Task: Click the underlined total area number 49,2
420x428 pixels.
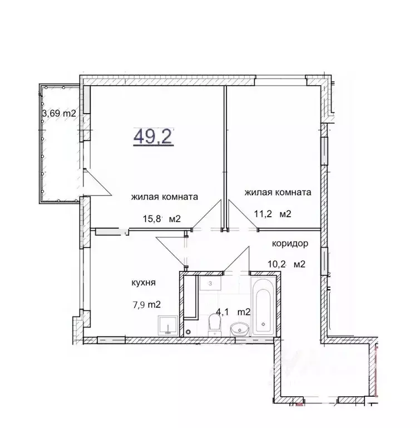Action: (x=154, y=137)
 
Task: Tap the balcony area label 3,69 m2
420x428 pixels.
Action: (x=59, y=113)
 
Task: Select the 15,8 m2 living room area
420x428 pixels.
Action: (x=162, y=218)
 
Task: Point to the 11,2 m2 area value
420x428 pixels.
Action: (x=273, y=213)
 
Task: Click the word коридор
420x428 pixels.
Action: (x=290, y=243)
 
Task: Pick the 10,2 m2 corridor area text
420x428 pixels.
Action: (x=286, y=264)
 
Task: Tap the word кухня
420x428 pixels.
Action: (x=144, y=283)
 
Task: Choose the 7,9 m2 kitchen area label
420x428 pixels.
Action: (x=147, y=304)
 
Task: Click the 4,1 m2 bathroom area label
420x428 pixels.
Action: (x=233, y=312)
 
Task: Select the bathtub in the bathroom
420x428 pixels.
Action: (x=263, y=307)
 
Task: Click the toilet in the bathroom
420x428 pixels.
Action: (x=214, y=325)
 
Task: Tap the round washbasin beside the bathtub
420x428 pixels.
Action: (x=240, y=329)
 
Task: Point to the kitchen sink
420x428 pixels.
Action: (x=168, y=325)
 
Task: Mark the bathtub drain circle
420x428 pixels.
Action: (x=263, y=324)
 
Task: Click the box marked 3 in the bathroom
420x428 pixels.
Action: (x=210, y=283)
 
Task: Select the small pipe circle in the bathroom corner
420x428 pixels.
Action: (x=188, y=332)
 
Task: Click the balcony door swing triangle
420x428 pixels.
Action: (x=97, y=182)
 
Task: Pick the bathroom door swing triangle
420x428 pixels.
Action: (x=236, y=259)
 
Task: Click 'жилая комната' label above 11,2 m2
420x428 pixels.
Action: (x=278, y=192)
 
